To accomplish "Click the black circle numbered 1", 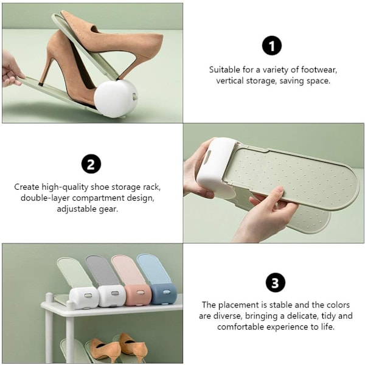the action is (272, 46).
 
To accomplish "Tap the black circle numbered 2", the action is (91, 164).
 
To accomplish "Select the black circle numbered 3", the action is (276, 283).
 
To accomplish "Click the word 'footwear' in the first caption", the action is (319, 69).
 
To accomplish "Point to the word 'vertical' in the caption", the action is (230, 81).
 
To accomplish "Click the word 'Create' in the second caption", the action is (27, 187).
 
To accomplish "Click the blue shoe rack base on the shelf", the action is (164, 293).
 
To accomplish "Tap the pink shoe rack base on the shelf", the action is (138, 294).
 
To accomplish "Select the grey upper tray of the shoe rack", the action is (102, 271).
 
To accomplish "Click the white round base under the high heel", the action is (116, 99).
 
